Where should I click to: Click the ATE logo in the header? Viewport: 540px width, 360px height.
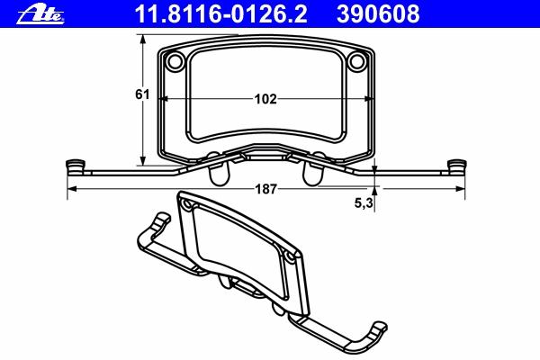(x=40, y=14)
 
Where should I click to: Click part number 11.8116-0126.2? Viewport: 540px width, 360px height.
(x=221, y=14)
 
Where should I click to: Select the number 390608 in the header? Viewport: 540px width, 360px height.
(x=378, y=14)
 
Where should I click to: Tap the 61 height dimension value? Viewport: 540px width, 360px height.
(x=142, y=94)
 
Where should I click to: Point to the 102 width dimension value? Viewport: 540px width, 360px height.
(x=265, y=99)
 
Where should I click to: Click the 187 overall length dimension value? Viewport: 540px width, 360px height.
(x=265, y=189)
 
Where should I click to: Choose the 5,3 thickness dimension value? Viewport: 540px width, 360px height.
(x=364, y=203)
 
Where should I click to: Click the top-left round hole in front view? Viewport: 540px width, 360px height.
(x=175, y=61)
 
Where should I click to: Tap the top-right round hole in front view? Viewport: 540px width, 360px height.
(x=356, y=61)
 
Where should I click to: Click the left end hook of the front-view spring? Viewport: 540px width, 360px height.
(x=75, y=166)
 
